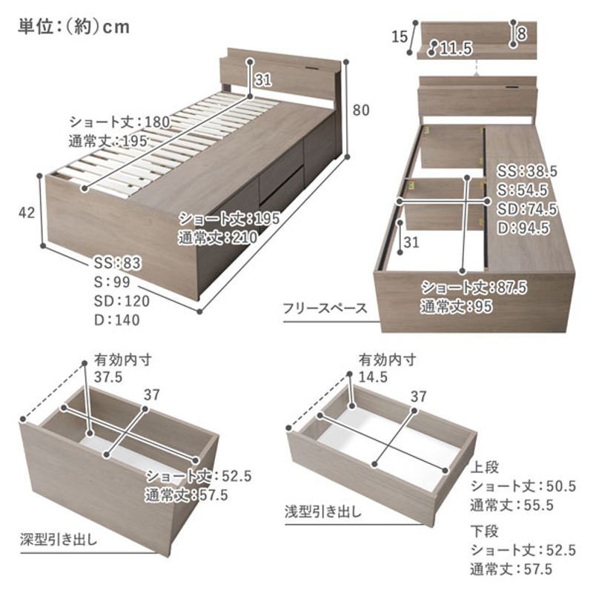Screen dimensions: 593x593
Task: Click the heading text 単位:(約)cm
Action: tap(73, 27)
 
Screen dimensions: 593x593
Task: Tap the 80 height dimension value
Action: tap(361, 110)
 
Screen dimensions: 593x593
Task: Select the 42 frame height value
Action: tap(27, 213)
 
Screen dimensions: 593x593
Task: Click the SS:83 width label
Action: tap(118, 263)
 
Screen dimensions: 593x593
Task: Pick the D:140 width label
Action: tap(117, 320)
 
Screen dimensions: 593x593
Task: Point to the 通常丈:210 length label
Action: tap(218, 238)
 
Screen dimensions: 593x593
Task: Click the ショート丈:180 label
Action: tap(119, 122)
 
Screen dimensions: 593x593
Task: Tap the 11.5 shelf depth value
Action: tap(456, 48)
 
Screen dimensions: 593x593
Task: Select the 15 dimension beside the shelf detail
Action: tap(400, 36)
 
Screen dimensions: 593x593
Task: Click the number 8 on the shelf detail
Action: tap(522, 34)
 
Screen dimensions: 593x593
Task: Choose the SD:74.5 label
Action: tap(527, 209)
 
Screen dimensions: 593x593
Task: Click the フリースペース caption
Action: tap(325, 308)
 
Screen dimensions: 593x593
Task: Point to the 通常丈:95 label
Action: tap(457, 306)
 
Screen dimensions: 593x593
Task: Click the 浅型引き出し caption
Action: tap(323, 512)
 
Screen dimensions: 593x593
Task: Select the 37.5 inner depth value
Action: tap(108, 377)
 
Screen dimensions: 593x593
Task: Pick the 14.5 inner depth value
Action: tap(374, 377)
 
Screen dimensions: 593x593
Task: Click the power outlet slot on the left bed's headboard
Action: tap(314, 68)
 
